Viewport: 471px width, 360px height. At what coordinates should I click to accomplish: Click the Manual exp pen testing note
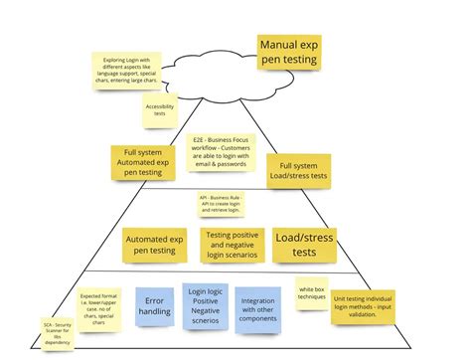tap(288, 53)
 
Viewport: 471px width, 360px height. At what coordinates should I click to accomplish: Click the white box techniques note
tap(312, 292)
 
